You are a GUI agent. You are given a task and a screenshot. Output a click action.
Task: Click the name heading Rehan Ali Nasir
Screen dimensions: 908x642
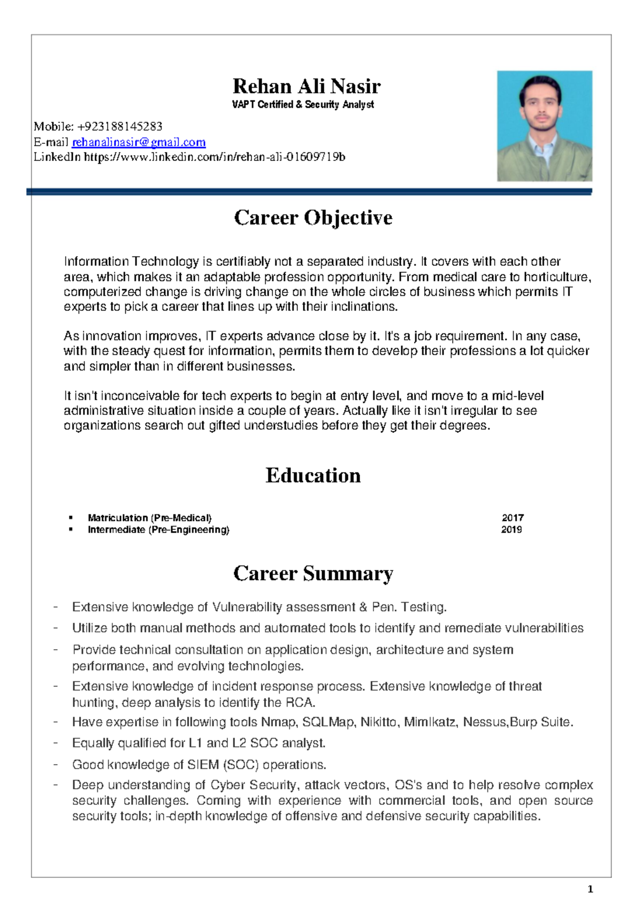click(306, 86)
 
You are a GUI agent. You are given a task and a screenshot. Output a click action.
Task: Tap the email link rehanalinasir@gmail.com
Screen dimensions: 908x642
click(139, 142)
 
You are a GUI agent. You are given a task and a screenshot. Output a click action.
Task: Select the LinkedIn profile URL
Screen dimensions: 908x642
click(214, 157)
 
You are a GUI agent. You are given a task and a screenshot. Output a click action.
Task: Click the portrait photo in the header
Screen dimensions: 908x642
click(544, 126)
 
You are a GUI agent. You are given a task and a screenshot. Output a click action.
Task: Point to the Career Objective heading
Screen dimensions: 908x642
click(313, 218)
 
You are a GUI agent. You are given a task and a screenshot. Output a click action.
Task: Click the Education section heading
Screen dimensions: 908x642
click(313, 475)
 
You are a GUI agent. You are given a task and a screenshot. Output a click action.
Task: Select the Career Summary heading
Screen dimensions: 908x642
click(313, 573)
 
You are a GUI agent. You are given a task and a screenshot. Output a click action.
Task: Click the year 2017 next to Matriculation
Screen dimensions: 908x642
click(512, 518)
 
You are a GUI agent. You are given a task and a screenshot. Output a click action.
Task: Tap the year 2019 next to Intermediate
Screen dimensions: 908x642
click(511, 529)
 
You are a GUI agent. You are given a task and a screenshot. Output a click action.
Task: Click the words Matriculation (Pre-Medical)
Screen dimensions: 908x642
click(150, 518)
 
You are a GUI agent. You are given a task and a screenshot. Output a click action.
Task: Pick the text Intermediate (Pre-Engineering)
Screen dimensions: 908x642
click(158, 529)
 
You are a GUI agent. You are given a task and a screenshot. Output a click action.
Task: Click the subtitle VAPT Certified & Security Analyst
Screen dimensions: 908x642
click(303, 105)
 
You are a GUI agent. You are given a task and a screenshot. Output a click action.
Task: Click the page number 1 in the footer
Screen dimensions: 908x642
click(590, 889)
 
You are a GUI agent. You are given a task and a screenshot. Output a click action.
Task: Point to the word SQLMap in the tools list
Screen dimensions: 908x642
click(327, 722)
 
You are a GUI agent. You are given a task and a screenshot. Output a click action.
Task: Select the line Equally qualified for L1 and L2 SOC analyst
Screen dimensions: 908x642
click(198, 743)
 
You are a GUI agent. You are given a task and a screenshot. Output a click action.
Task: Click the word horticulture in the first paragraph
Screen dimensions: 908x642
click(556, 277)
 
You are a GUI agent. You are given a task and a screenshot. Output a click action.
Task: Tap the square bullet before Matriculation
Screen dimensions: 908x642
click(70, 518)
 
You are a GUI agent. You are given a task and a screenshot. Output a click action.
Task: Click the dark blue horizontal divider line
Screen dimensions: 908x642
click(309, 191)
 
